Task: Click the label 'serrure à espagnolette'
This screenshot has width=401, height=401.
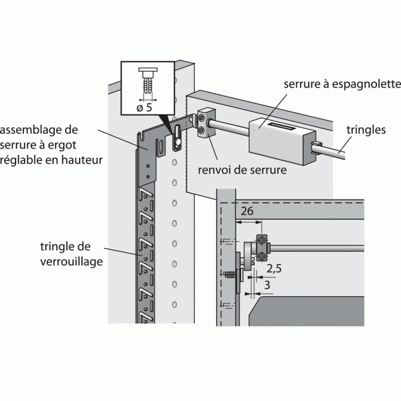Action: click(x=341, y=85)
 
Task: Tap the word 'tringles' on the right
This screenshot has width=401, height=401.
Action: click(x=366, y=130)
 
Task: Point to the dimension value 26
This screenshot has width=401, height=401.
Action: click(x=247, y=211)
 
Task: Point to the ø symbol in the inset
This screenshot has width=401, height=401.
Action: click(x=139, y=107)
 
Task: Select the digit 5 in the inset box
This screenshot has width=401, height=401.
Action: click(x=150, y=107)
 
